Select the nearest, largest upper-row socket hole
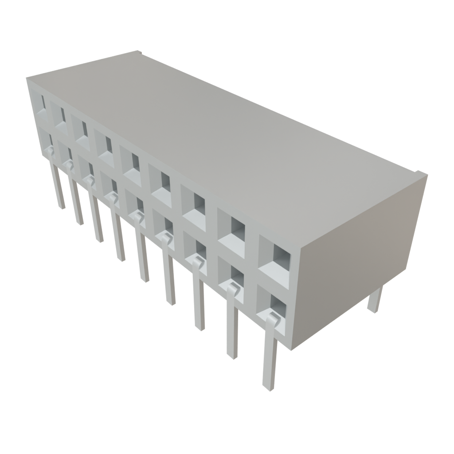(275, 257)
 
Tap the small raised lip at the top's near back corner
(421, 174)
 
